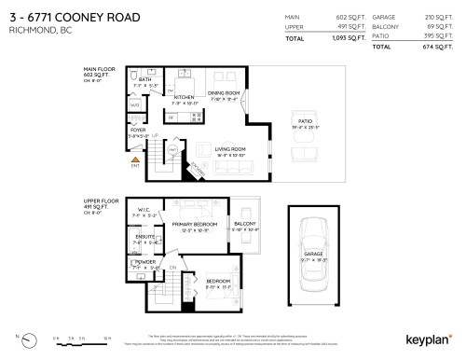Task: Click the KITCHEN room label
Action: click(x=184, y=97)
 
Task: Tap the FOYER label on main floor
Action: click(x=139, y=130)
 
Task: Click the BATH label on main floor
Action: click(x=144, y=79)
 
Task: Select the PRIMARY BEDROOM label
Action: click(x=195, y=224)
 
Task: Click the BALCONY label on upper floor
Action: click(x=245, y=224)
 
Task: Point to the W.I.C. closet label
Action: click(x=144, y=210)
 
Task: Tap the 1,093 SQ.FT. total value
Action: click(x=345, y=40)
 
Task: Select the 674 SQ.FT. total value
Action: click(x=435, y=47)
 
